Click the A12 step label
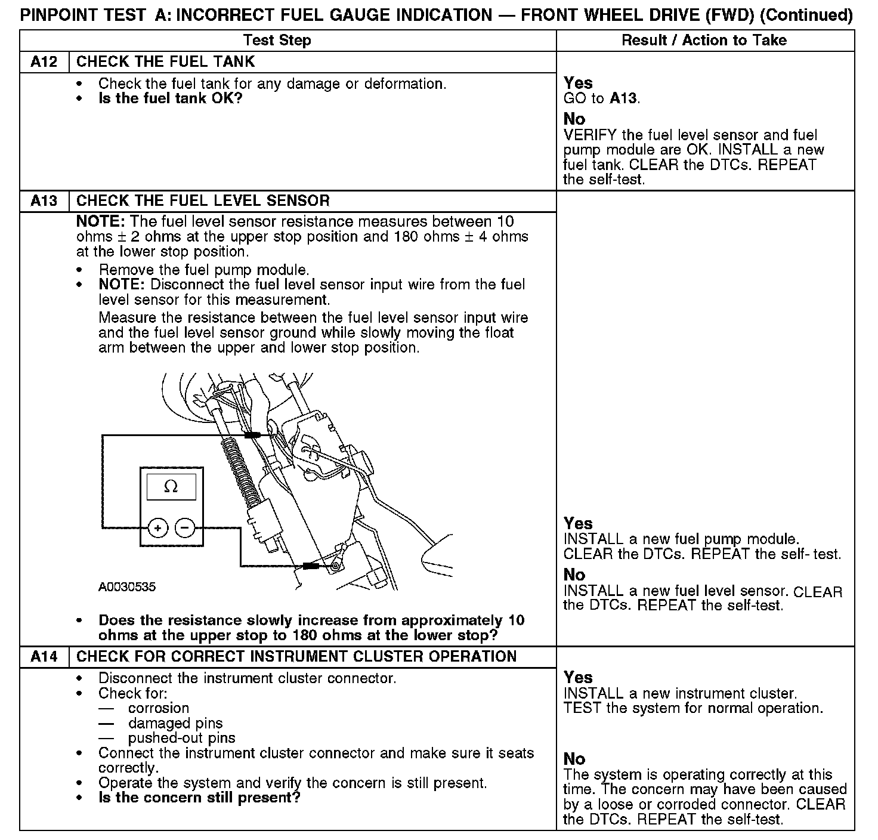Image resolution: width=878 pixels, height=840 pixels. [x=44, y=62]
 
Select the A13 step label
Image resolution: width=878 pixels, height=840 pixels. [x=44, y=201]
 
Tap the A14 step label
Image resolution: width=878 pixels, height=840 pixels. [x=44, y=657]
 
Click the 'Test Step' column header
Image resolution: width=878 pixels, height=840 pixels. [x=277, y=41]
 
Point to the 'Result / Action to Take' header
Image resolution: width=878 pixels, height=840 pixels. [x=704, y=41]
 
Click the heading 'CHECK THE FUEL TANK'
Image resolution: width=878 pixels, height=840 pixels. [x=166, y=62]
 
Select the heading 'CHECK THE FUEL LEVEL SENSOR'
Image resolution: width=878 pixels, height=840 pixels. [x=203, y=201]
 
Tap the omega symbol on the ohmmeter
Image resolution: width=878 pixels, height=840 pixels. [x=171, y=487]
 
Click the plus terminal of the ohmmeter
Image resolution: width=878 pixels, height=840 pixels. [x=158, y=528]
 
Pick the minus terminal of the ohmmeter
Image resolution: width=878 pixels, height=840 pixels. [x=185, y=528]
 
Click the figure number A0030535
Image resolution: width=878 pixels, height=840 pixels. [x=127, y=587]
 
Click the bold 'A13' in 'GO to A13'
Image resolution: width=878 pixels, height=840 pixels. [x=624, y=98]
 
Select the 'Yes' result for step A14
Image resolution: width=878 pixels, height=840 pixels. [x=578, y=678]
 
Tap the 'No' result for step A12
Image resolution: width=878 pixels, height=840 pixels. [x=574, y=119]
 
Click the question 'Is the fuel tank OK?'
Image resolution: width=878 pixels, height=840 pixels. [x=171, y=98]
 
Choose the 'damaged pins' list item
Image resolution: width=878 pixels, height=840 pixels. [x=175, y=724]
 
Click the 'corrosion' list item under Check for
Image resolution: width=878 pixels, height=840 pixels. [x=159, y=709]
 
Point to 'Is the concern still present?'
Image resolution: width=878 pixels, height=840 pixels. [x=199, y=798]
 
